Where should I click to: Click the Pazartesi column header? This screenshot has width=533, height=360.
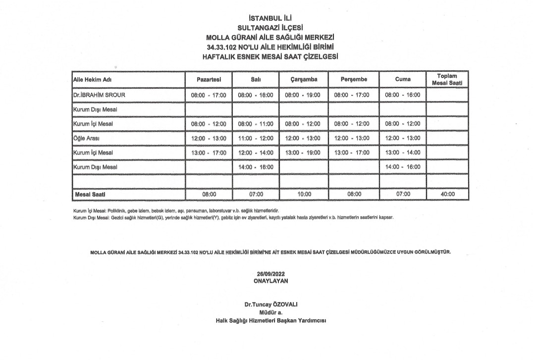(x=208, y=79)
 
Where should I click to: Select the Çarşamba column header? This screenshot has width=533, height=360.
(x=304, y=79)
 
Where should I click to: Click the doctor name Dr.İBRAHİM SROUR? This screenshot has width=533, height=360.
(x=97, y=95)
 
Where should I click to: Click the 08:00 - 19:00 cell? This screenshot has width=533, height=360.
(x=304, y=95)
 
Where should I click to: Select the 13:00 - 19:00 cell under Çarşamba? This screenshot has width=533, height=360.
(x=304, y=153)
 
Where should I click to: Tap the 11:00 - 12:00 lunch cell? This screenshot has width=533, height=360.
(x=256, y=138)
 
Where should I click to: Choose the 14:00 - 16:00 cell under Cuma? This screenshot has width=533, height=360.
(x=403, y=167)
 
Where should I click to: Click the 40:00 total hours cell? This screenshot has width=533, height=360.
(x=447, y=194)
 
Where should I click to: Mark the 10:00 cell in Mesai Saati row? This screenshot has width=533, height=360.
(x=304, y=194)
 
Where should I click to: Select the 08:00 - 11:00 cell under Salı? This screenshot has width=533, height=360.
(x=256, y=123)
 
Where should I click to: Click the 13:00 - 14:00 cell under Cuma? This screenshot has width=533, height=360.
(x=403, y=153)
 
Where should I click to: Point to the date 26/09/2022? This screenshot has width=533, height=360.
(x=270, y=274)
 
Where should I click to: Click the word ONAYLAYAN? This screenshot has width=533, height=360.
(x=270, y=280)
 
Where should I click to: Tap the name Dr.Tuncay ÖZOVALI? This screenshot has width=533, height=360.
(x=270, y=304)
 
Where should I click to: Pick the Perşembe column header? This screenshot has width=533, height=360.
(x=354, y=79)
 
